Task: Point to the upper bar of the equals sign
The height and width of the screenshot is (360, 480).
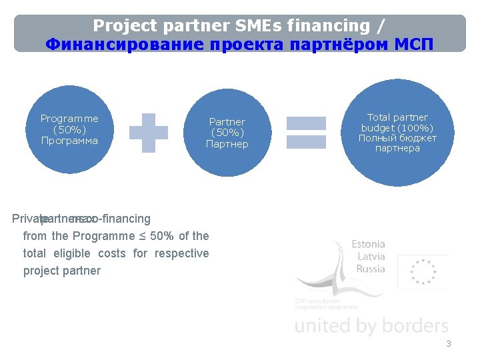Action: (306, 123)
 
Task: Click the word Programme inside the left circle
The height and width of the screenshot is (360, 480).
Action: (69, 119)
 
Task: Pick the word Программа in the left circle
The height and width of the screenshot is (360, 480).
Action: (69, 141)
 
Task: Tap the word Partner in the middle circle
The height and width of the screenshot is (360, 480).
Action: (227, 122)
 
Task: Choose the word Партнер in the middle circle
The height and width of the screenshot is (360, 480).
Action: (227, 144)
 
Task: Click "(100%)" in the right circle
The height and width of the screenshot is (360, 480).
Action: (417, 128)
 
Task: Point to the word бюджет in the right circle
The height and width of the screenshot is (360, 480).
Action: (417, 138)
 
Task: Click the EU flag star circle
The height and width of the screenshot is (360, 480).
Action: (423, 272)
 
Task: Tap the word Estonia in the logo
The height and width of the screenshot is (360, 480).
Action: (368, 245)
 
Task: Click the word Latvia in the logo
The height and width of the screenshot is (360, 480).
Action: (371, 257)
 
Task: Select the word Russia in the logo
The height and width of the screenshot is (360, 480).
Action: (371, 269)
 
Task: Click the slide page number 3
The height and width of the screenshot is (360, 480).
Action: (449, 344)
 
